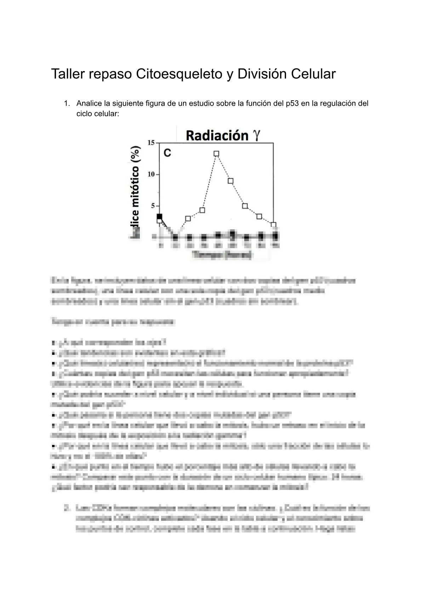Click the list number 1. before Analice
pos(66,104)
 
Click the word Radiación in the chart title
pos(217,135)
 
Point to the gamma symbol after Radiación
pos(256,136)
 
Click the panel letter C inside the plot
pos(167,153)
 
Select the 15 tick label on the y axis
pos(151,143)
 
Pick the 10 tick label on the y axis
pos(151,174)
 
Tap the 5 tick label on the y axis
pos(153,206)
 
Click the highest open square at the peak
pos(216,154)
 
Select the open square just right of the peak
pos(230,181)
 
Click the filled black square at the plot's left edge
pos(159,216)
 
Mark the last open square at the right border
pos(273,225)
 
